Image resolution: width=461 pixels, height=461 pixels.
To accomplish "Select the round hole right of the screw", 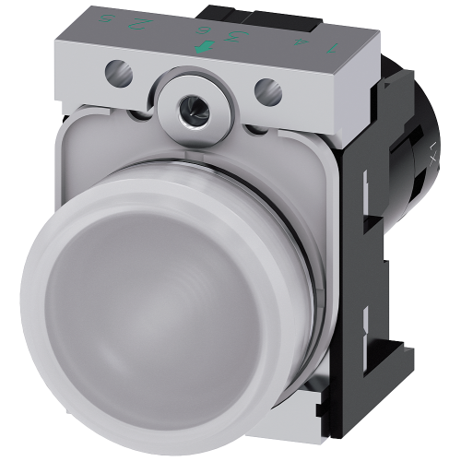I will pyautogui.click(x=267, y=90).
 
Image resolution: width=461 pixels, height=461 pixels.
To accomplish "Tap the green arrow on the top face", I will pyautogui.click(x=205, y=47).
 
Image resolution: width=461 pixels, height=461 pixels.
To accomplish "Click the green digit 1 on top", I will pyautogui.click(x=331, y=49).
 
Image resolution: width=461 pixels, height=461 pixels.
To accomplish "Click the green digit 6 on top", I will pyautogui.click(x=205, y=30).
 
